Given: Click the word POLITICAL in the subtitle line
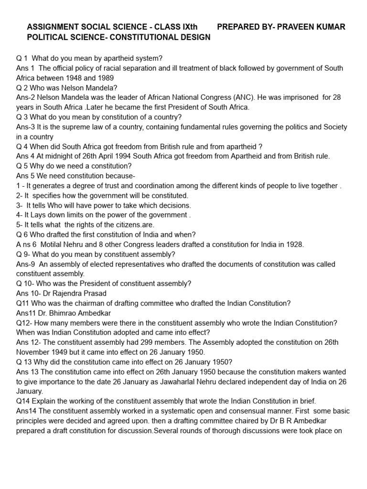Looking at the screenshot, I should [x=47, y=37].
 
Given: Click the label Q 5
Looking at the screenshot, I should [x=23, y=166].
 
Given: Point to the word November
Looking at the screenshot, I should [x=33, y=352].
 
